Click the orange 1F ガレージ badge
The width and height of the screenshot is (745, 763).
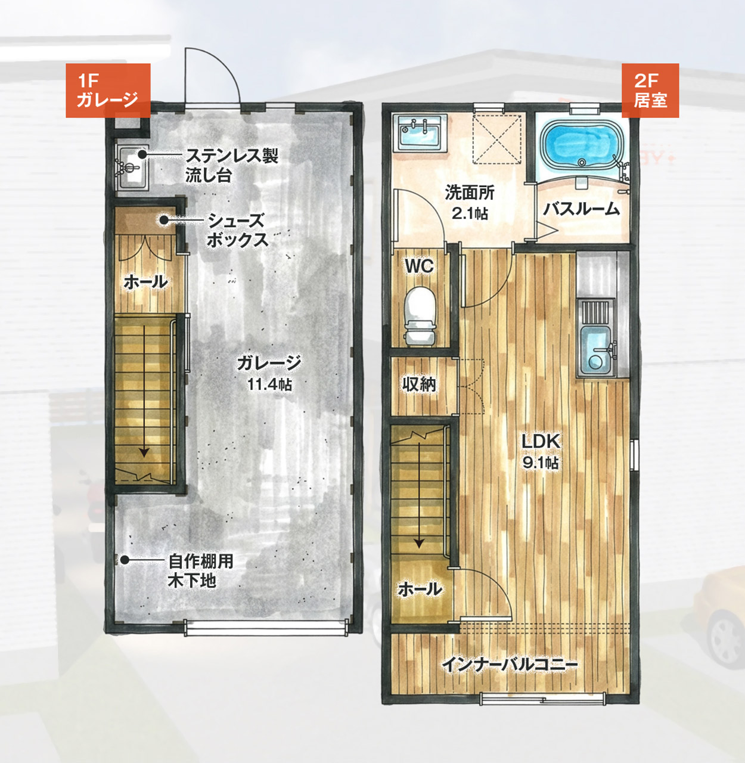108,91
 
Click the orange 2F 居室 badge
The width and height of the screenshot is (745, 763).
650,91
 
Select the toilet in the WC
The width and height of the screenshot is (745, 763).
420,315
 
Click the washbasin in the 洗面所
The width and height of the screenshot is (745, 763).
420,134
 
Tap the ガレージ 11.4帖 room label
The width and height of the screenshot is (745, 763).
269,373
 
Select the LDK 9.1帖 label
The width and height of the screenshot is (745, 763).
541,452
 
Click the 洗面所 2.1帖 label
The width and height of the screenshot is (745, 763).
470,203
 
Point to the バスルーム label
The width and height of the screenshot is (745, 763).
581,209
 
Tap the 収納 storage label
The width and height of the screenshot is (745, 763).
419,384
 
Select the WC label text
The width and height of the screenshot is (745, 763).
419,266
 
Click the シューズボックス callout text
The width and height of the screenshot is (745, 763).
238,231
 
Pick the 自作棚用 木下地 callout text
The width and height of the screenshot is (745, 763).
201,570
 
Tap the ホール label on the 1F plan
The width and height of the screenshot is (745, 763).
146,282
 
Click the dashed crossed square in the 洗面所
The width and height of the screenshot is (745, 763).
497,138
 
